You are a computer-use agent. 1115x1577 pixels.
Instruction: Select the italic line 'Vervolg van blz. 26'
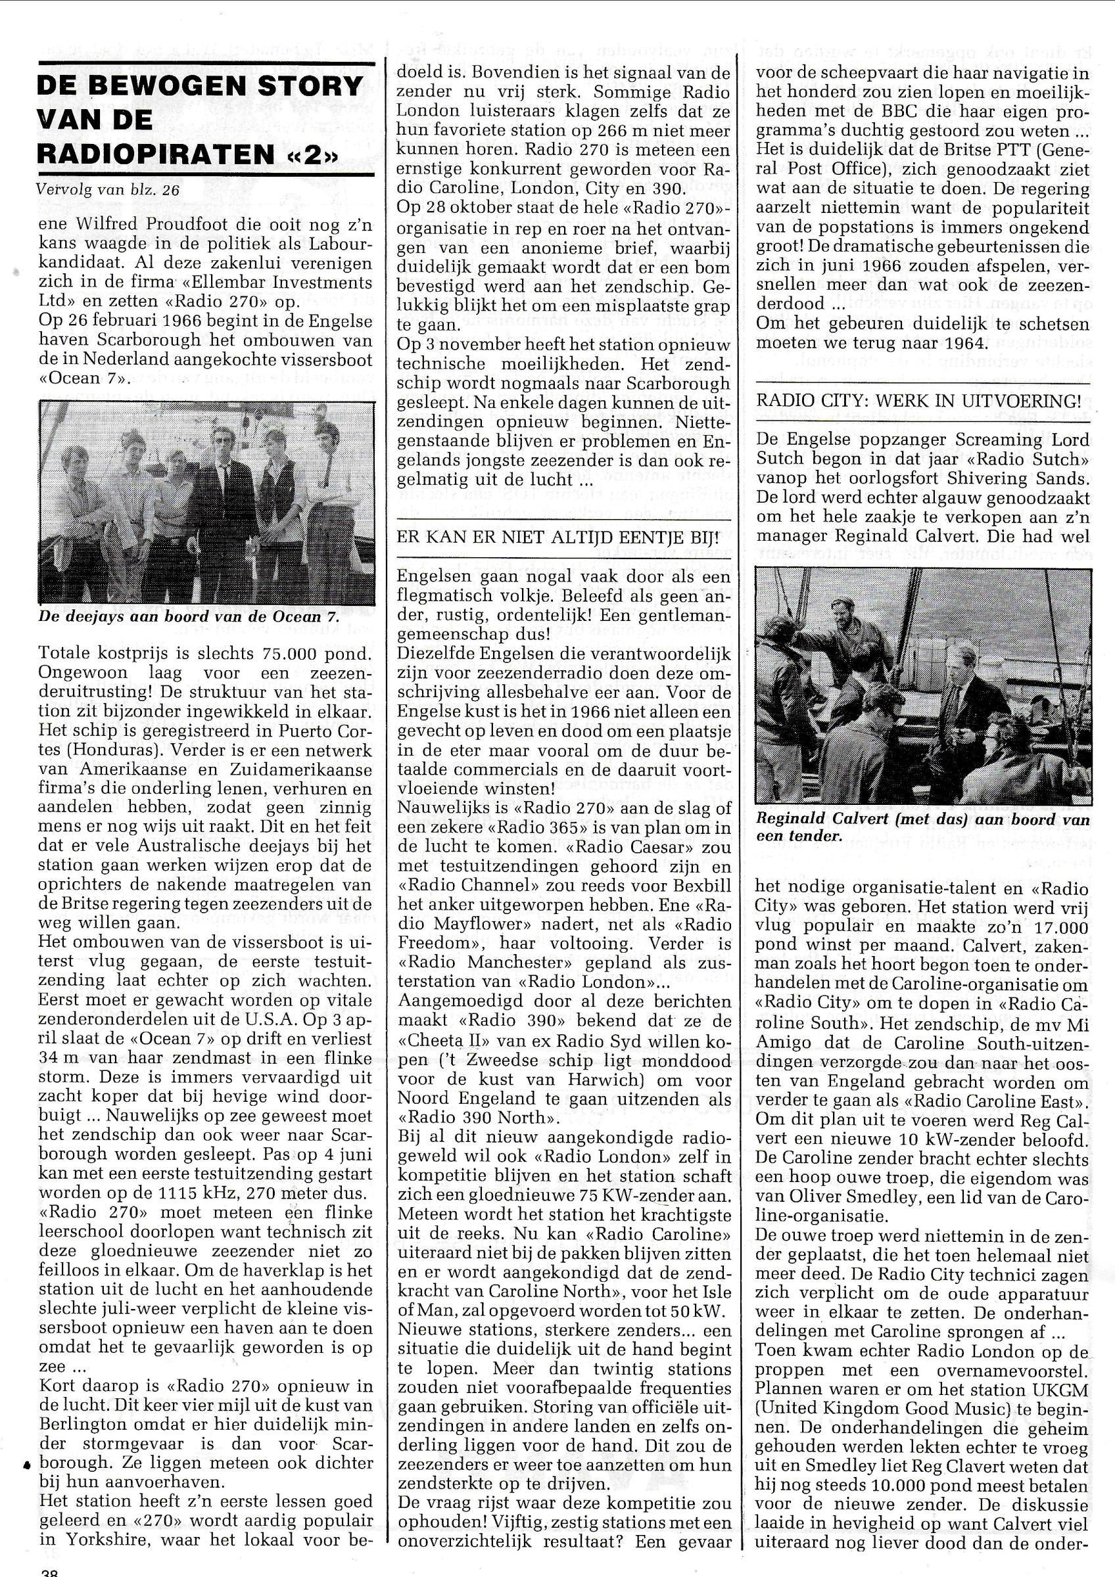point(109,191)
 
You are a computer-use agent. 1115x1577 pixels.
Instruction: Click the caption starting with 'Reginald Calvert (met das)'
point(922,827)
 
